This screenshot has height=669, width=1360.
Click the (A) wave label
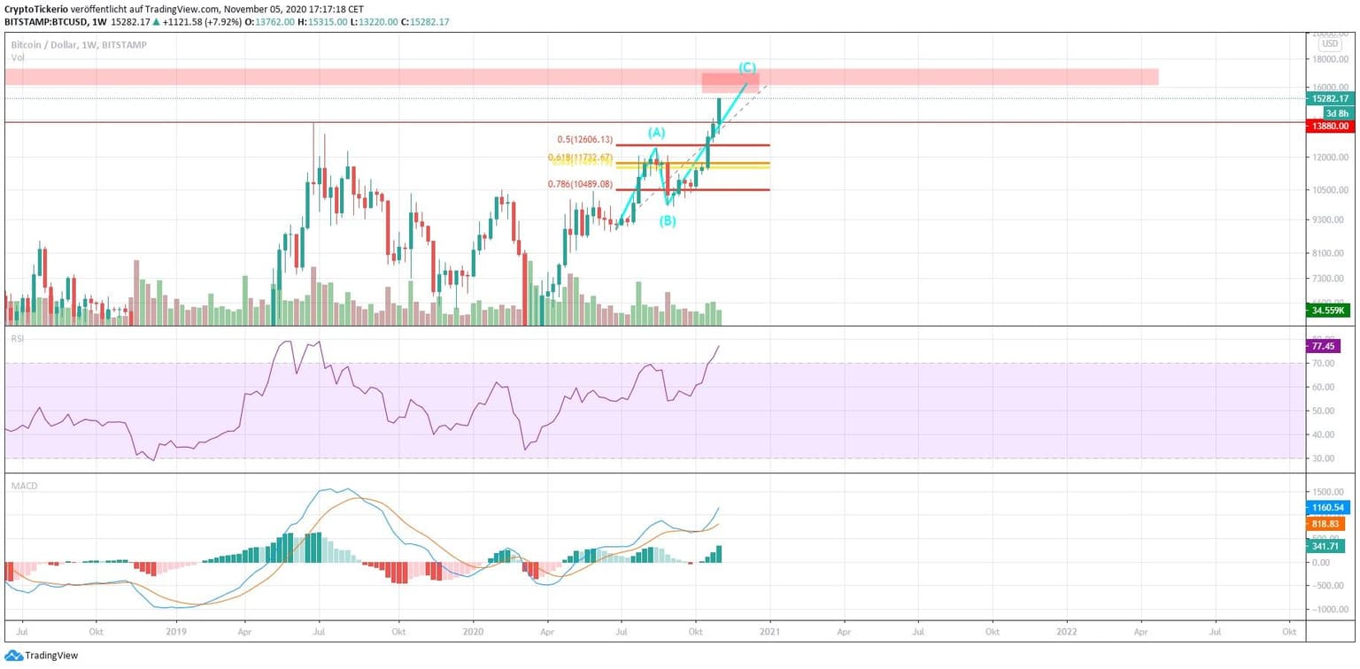coord(656,133)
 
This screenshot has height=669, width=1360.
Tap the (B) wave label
coord(668,221)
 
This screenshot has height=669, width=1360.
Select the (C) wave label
coord(747,67)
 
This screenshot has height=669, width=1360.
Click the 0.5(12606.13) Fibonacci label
coord(584,139)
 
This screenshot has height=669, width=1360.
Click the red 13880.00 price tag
coord(1331,127)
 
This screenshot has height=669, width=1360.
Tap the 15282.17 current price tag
coord(1331,99)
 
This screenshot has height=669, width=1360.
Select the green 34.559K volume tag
coord(1329,311)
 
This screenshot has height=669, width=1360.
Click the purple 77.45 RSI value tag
coord(1325,346)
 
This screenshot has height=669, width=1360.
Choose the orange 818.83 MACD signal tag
coord(1326,524)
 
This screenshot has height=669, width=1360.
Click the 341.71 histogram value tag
coord(1326,546)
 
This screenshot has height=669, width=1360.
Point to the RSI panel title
coord(17,338)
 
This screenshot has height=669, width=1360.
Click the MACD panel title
coord(22,485)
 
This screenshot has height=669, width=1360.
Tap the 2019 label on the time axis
coord(176,633)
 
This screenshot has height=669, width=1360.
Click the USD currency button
coord(1330,43)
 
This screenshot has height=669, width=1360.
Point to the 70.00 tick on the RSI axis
coord(1325,364)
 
